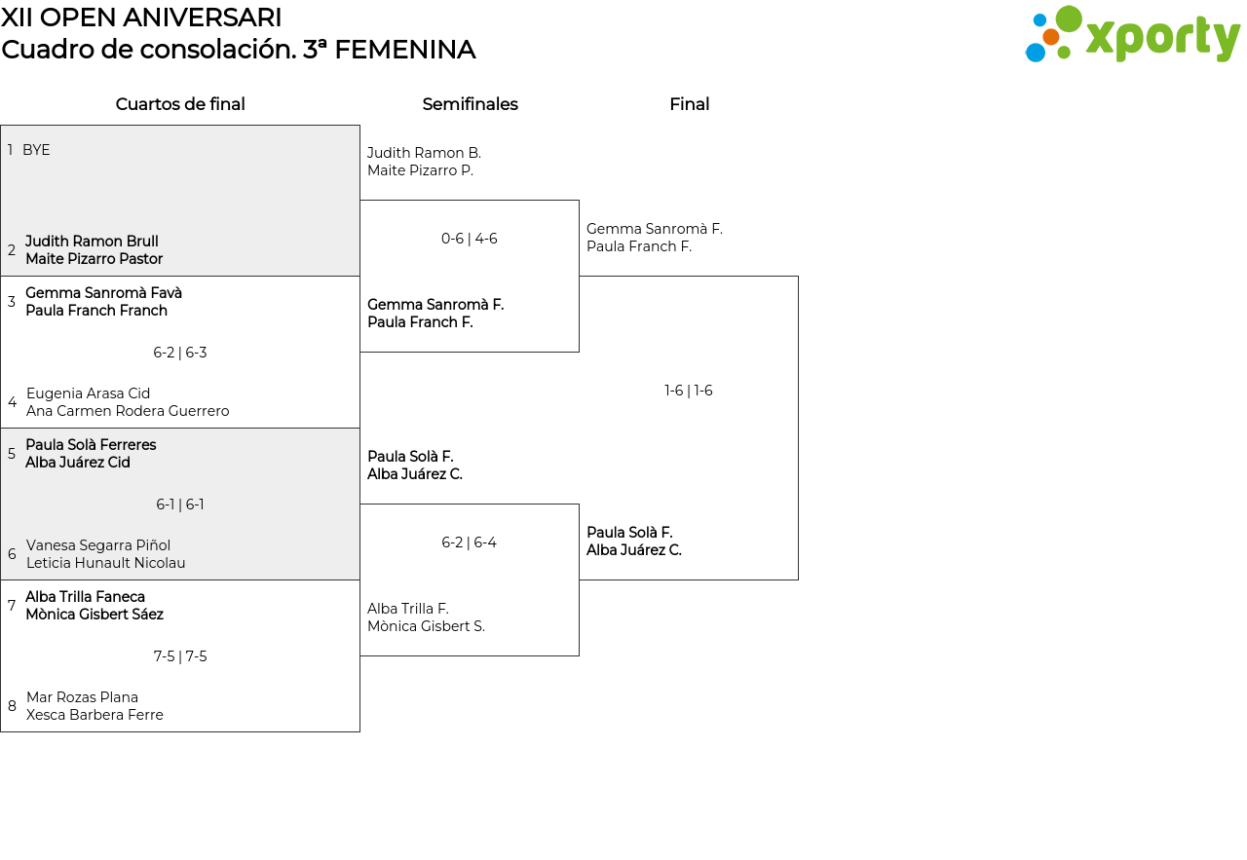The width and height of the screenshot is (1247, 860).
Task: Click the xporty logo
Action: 1132,34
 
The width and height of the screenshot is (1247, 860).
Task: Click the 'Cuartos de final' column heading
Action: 180,104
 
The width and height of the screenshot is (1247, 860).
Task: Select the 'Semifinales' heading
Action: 470,104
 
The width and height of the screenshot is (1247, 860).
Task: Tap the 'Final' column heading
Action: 689,104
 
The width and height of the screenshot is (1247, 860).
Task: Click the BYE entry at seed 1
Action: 36,150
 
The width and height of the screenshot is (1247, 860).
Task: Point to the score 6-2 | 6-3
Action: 180,353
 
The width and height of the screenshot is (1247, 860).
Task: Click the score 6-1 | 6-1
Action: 180,505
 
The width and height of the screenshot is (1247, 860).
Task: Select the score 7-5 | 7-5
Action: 180,656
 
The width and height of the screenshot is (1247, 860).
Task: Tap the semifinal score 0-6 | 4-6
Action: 470,239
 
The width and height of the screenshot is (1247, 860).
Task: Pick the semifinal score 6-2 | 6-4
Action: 470,542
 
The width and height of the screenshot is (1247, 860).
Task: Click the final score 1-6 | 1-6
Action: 689,391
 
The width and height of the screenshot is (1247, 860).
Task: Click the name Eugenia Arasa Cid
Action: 88,393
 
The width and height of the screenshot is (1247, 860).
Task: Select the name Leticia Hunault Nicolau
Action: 106,563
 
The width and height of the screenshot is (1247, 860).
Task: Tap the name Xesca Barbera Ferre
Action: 94,715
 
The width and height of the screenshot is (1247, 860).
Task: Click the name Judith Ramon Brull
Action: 92,241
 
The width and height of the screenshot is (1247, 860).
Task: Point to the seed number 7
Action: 12,606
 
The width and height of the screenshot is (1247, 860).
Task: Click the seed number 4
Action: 12,402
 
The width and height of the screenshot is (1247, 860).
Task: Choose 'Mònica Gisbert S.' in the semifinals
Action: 426,626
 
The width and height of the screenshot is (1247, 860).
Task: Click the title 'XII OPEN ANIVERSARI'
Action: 141,18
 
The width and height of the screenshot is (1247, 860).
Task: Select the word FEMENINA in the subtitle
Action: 404,50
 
